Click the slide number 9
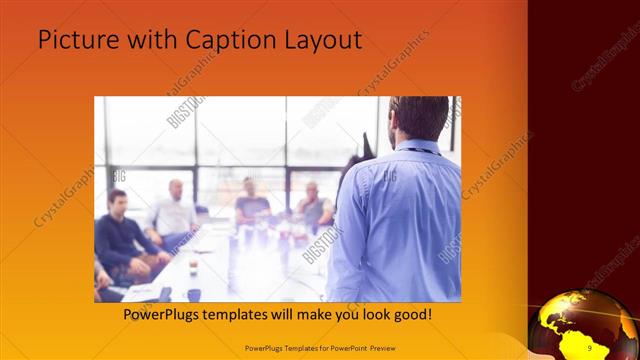tap(590, 347)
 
